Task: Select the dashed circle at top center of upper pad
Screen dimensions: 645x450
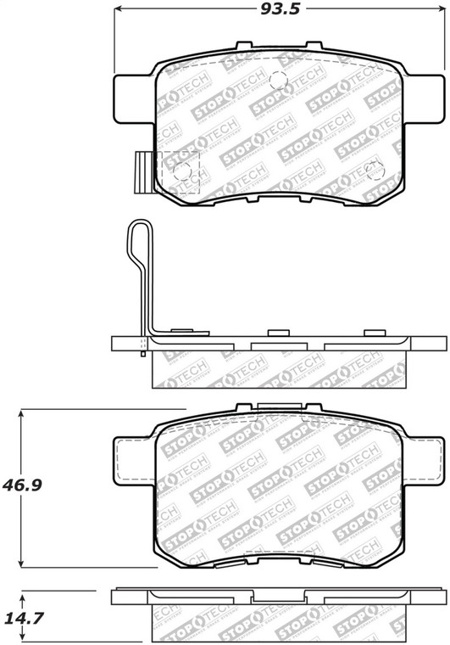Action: coord(277,81)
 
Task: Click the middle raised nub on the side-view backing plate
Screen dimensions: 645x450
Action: coord(277,333)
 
